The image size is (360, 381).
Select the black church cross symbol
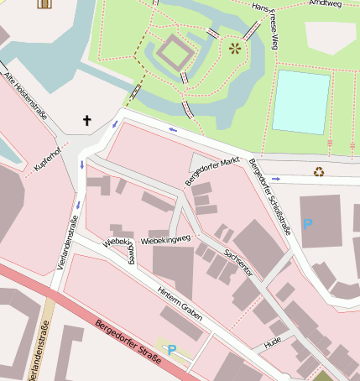tap(86, 121)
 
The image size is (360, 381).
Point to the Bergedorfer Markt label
tap(212, 171)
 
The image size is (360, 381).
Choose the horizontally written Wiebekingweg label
tap(166, 240)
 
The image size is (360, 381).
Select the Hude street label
tap(272, 342)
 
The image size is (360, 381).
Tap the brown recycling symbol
tap(319, 172)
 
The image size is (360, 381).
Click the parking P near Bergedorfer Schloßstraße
tap(307, 224)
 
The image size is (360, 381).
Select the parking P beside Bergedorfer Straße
tap(172, 349)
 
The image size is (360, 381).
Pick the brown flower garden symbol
tap(234, 48)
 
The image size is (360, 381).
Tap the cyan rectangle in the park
tap(300, 102)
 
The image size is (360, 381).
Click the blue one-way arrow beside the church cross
tap(115, 124)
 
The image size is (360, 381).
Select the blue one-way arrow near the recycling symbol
tap(275, 178)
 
